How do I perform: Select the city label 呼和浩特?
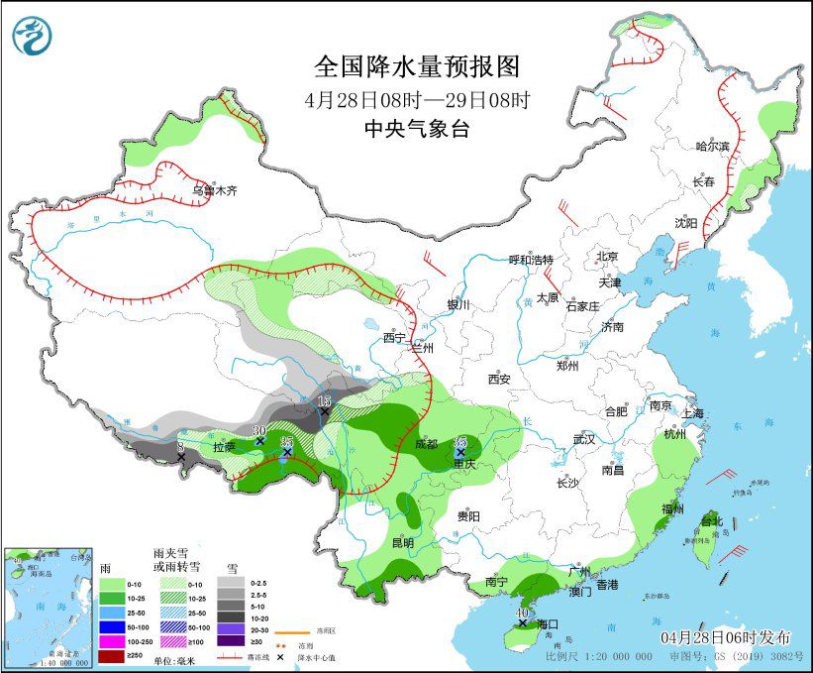point(531,260)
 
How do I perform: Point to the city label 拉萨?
point(225,447)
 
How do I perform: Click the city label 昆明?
point(402,542)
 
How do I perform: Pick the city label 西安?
point(498,379)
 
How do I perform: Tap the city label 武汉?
point(584,438)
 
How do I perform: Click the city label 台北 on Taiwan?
point(712,520)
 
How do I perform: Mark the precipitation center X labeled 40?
point(522,622)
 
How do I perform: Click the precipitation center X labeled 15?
point(324,412)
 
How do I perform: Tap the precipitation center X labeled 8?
point(181,457)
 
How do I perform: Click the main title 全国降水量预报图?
point(416,66)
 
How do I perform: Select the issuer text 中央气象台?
point(416,128)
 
